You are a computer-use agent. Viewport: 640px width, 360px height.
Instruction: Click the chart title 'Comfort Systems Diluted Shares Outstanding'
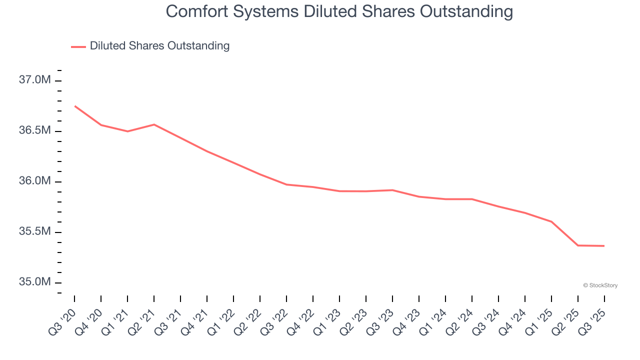click(339, 11)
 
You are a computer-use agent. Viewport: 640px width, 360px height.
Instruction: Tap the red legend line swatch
click(78, 46)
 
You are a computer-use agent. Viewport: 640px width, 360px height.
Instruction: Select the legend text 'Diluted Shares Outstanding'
click(159, 46)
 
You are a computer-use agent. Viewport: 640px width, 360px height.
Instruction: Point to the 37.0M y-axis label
click(35, 80)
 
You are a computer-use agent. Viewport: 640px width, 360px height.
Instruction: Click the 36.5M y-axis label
click(35, 130)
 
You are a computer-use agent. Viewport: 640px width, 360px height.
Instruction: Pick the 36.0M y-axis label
click(35, 181)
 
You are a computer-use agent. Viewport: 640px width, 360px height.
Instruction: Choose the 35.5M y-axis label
click(35, 232)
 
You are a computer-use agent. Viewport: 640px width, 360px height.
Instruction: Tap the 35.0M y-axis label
click(35, 282)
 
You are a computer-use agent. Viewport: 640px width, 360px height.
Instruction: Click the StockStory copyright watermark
click(600, 285)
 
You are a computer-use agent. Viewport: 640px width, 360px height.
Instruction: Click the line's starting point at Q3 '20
click(74, 106)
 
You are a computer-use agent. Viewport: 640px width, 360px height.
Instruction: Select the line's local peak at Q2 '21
click(154, 124)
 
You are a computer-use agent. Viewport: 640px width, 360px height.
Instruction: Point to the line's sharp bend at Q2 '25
click(578, 245)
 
